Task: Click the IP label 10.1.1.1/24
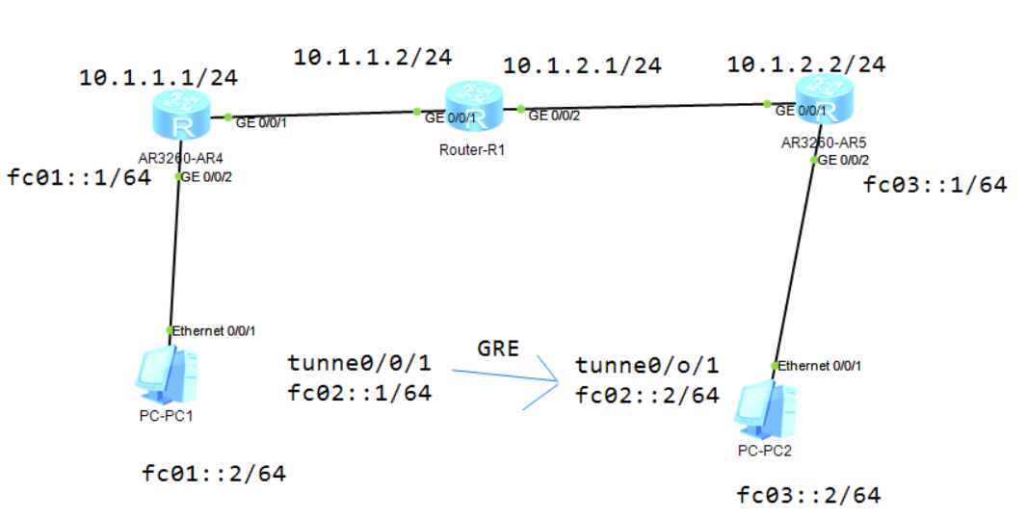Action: coord(158,77)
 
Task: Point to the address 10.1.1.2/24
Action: coord(372,58)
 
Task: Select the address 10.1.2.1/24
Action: coord(582,65)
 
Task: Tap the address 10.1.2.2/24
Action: coord(805,65)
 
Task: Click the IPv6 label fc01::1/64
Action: coord(78,178)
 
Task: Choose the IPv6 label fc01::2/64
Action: coord(214,473)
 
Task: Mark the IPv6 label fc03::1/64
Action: coord(935,185)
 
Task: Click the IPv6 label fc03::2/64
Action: coord(808,496)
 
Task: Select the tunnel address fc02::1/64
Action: coord(359,392)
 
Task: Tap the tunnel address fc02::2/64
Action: coord(647,395)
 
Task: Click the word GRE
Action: coord(498,348)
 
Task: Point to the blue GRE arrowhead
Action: coord(559,383)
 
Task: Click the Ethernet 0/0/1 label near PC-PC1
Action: coord(215,330)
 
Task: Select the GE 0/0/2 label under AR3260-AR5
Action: coord(845,160)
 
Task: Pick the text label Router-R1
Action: coord(472,149)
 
